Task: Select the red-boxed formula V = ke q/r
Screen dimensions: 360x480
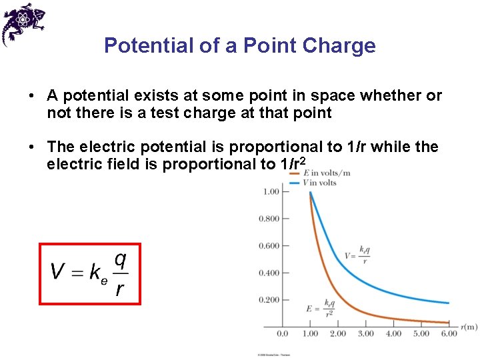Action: (x=90, y=273)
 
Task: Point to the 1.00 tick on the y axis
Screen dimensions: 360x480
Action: (x=271, y=192)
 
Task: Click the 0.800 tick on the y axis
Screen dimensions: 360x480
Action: (x=269, y=219)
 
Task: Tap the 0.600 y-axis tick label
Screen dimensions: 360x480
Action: (x=269, y=246)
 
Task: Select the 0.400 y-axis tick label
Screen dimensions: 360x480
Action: (x=269, y=273)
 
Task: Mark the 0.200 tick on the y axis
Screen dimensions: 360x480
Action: (x=269, y=300)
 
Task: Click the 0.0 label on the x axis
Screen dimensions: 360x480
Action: (x=282, y=333)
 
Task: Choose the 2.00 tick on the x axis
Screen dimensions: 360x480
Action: (x=338, y=333)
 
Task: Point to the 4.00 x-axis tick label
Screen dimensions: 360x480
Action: (x=393, y=333)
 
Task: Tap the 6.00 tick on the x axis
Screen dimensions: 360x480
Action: (x=449, y=333)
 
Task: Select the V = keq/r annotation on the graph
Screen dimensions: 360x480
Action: (x=357, y=255)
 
